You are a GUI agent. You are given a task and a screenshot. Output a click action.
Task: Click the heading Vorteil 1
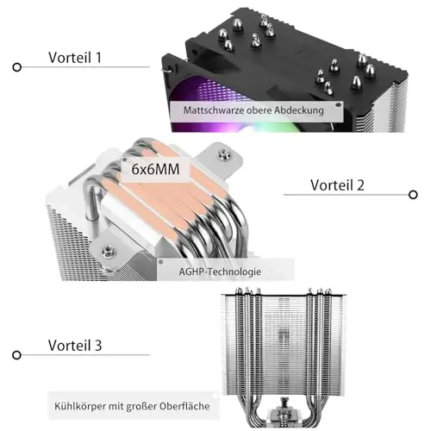(75, 58)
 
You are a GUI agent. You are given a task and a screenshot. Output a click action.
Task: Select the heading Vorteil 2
(337, 185)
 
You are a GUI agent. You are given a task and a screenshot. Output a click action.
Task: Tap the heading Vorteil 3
(75, 346)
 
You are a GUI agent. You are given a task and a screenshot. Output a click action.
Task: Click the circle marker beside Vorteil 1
(17, 67)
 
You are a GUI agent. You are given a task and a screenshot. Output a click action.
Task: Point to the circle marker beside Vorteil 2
(413, 195)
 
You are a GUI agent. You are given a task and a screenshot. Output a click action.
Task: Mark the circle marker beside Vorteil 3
(17, 355)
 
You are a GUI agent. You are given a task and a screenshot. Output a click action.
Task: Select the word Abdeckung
(299, 110)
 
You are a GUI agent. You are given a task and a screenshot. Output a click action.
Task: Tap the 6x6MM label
(155, 169)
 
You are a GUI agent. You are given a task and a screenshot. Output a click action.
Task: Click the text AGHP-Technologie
(220, 272)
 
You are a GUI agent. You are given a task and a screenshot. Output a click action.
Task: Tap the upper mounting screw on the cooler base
(224, 155)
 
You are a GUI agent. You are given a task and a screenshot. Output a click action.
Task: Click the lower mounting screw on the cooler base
(109, 251)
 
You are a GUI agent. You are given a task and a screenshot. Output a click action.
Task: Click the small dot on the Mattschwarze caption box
(339, 105)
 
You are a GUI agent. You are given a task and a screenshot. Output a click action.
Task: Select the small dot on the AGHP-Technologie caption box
(161, 262)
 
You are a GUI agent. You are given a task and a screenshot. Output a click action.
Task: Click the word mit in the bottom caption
(116, 406)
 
